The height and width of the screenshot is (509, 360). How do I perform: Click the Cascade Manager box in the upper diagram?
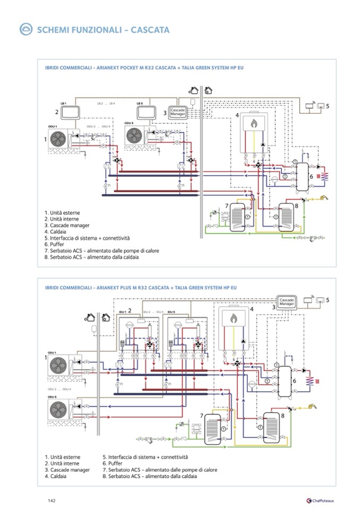(x=177, y=113)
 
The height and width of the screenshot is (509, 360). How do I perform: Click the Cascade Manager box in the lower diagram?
(x=287, y=301)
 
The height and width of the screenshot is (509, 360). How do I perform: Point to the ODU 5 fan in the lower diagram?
(x=57, y=409)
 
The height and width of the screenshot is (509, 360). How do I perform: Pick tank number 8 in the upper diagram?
(x=288, y=215)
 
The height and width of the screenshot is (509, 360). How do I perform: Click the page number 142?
(x=52, y=501)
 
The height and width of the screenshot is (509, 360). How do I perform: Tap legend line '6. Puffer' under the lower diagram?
(x=113, y=463)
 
